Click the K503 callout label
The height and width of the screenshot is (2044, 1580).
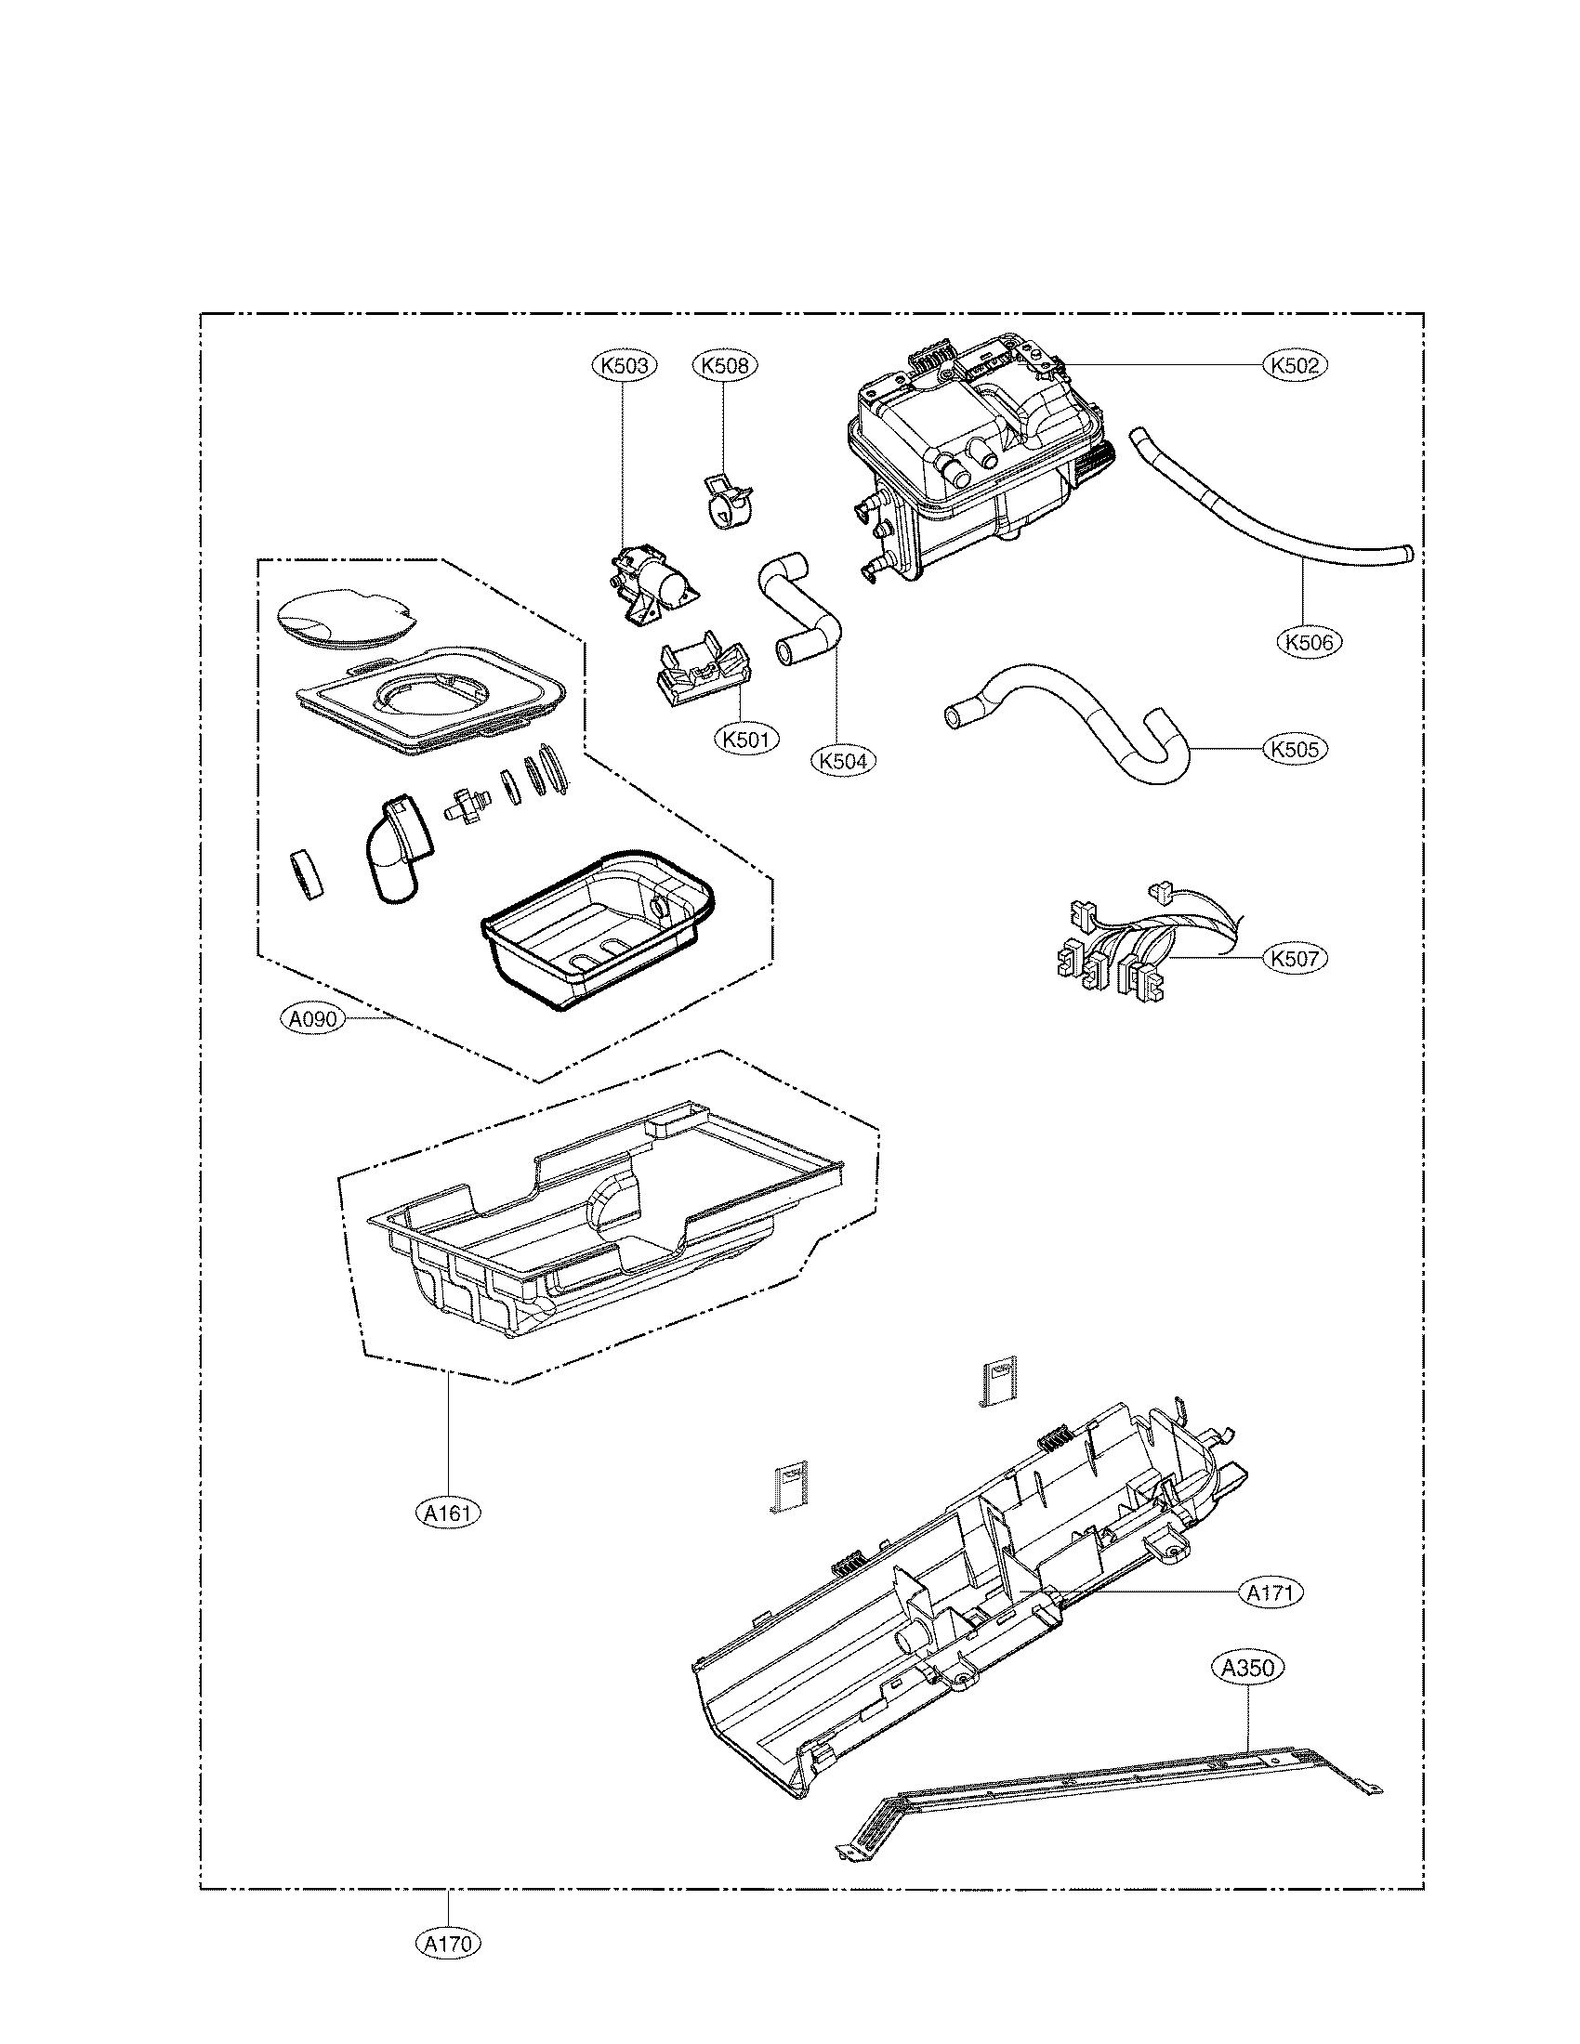click(x=625, y=365)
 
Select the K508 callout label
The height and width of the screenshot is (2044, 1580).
click(x=725, y=365)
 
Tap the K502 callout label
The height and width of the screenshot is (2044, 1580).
click(x=1295, y=364)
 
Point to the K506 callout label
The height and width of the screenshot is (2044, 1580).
click(x=1310, y=642)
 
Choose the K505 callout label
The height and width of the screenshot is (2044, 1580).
click(x=1295, y=749)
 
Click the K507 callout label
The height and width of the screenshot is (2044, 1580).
click(x=1295, y=959)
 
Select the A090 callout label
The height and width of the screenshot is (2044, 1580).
click(x=311, y=1019)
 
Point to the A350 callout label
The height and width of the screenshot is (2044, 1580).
click(x=1249, y=1667)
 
